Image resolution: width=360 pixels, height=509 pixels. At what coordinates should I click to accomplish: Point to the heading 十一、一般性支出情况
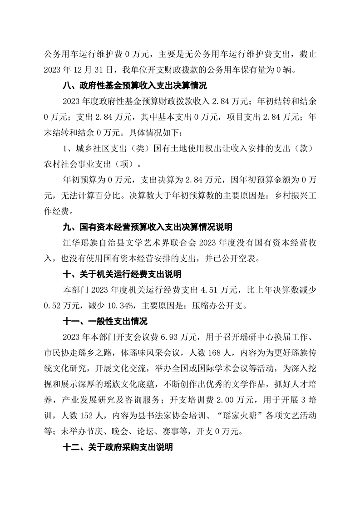tap(105, 322)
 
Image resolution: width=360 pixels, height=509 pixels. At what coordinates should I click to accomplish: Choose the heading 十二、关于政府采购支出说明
tap(117, 447)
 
